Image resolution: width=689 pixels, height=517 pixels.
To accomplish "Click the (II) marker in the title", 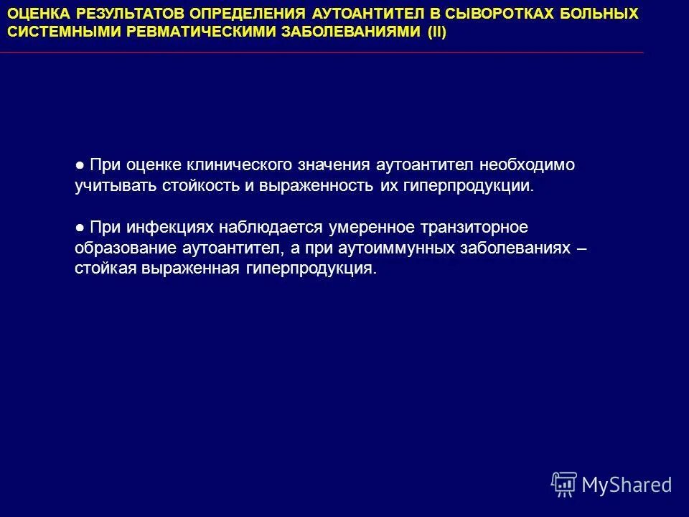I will (x=431, y=33).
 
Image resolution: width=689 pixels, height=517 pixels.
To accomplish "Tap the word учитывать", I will (x=108, y=186).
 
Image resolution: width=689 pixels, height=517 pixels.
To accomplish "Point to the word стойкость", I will (x=184, y=186).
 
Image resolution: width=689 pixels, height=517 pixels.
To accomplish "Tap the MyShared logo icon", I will (x=563, y=484).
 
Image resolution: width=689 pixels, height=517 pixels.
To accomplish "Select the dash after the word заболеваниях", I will (x=581, y=248).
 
